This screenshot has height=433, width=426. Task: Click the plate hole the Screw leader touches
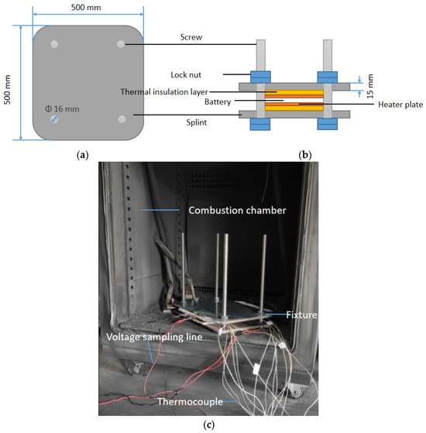pos(121,45)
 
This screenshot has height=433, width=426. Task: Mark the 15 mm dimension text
pos(369,94)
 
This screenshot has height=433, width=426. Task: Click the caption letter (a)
pos(84,155)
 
